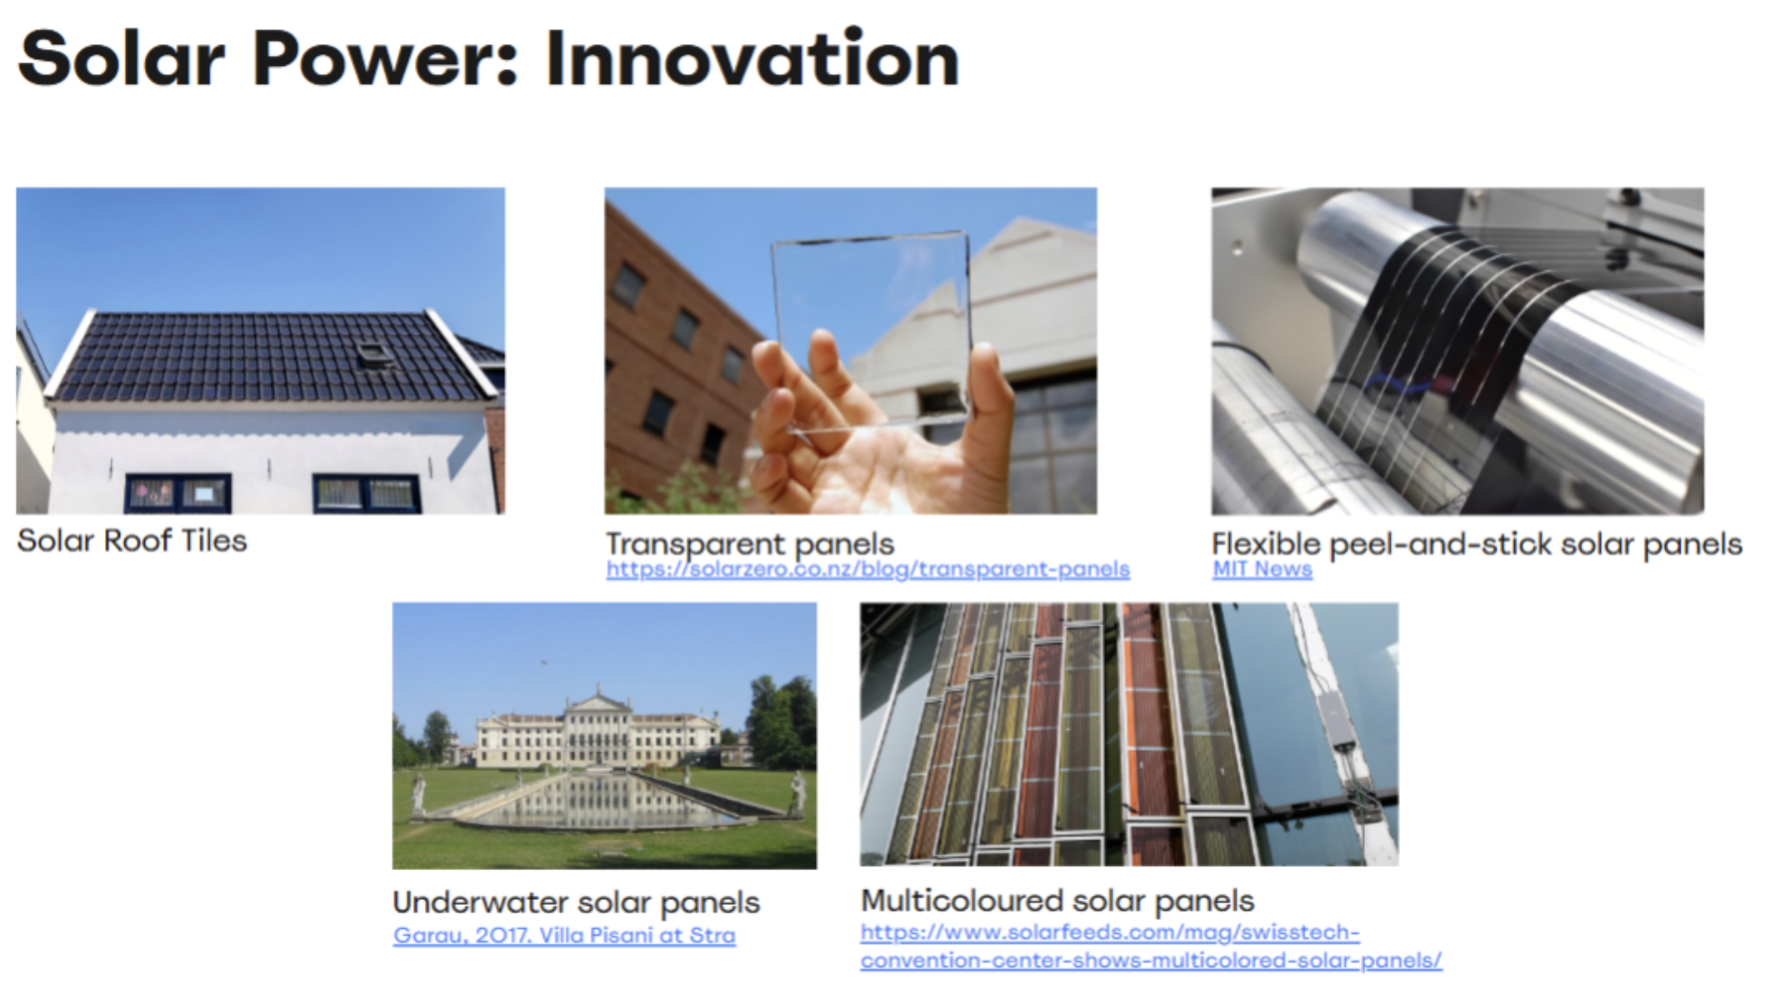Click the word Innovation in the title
[752, 58]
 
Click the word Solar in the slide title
[122, 58]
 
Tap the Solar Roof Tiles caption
[132, 541]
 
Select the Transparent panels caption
[750, 544]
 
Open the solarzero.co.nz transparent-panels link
[867, 569]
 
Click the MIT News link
[1262, 569]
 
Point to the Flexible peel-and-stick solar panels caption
[1477, 544]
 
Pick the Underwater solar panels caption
[577, 902]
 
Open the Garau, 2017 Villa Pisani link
[564, 935]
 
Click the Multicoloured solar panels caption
[1057, 901]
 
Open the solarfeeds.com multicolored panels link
[1151, 946]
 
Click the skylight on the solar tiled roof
[376, 353]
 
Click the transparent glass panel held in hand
[871, 329]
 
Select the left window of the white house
[177, 493]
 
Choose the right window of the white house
[367, 493]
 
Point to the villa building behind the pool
[597, 731]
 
